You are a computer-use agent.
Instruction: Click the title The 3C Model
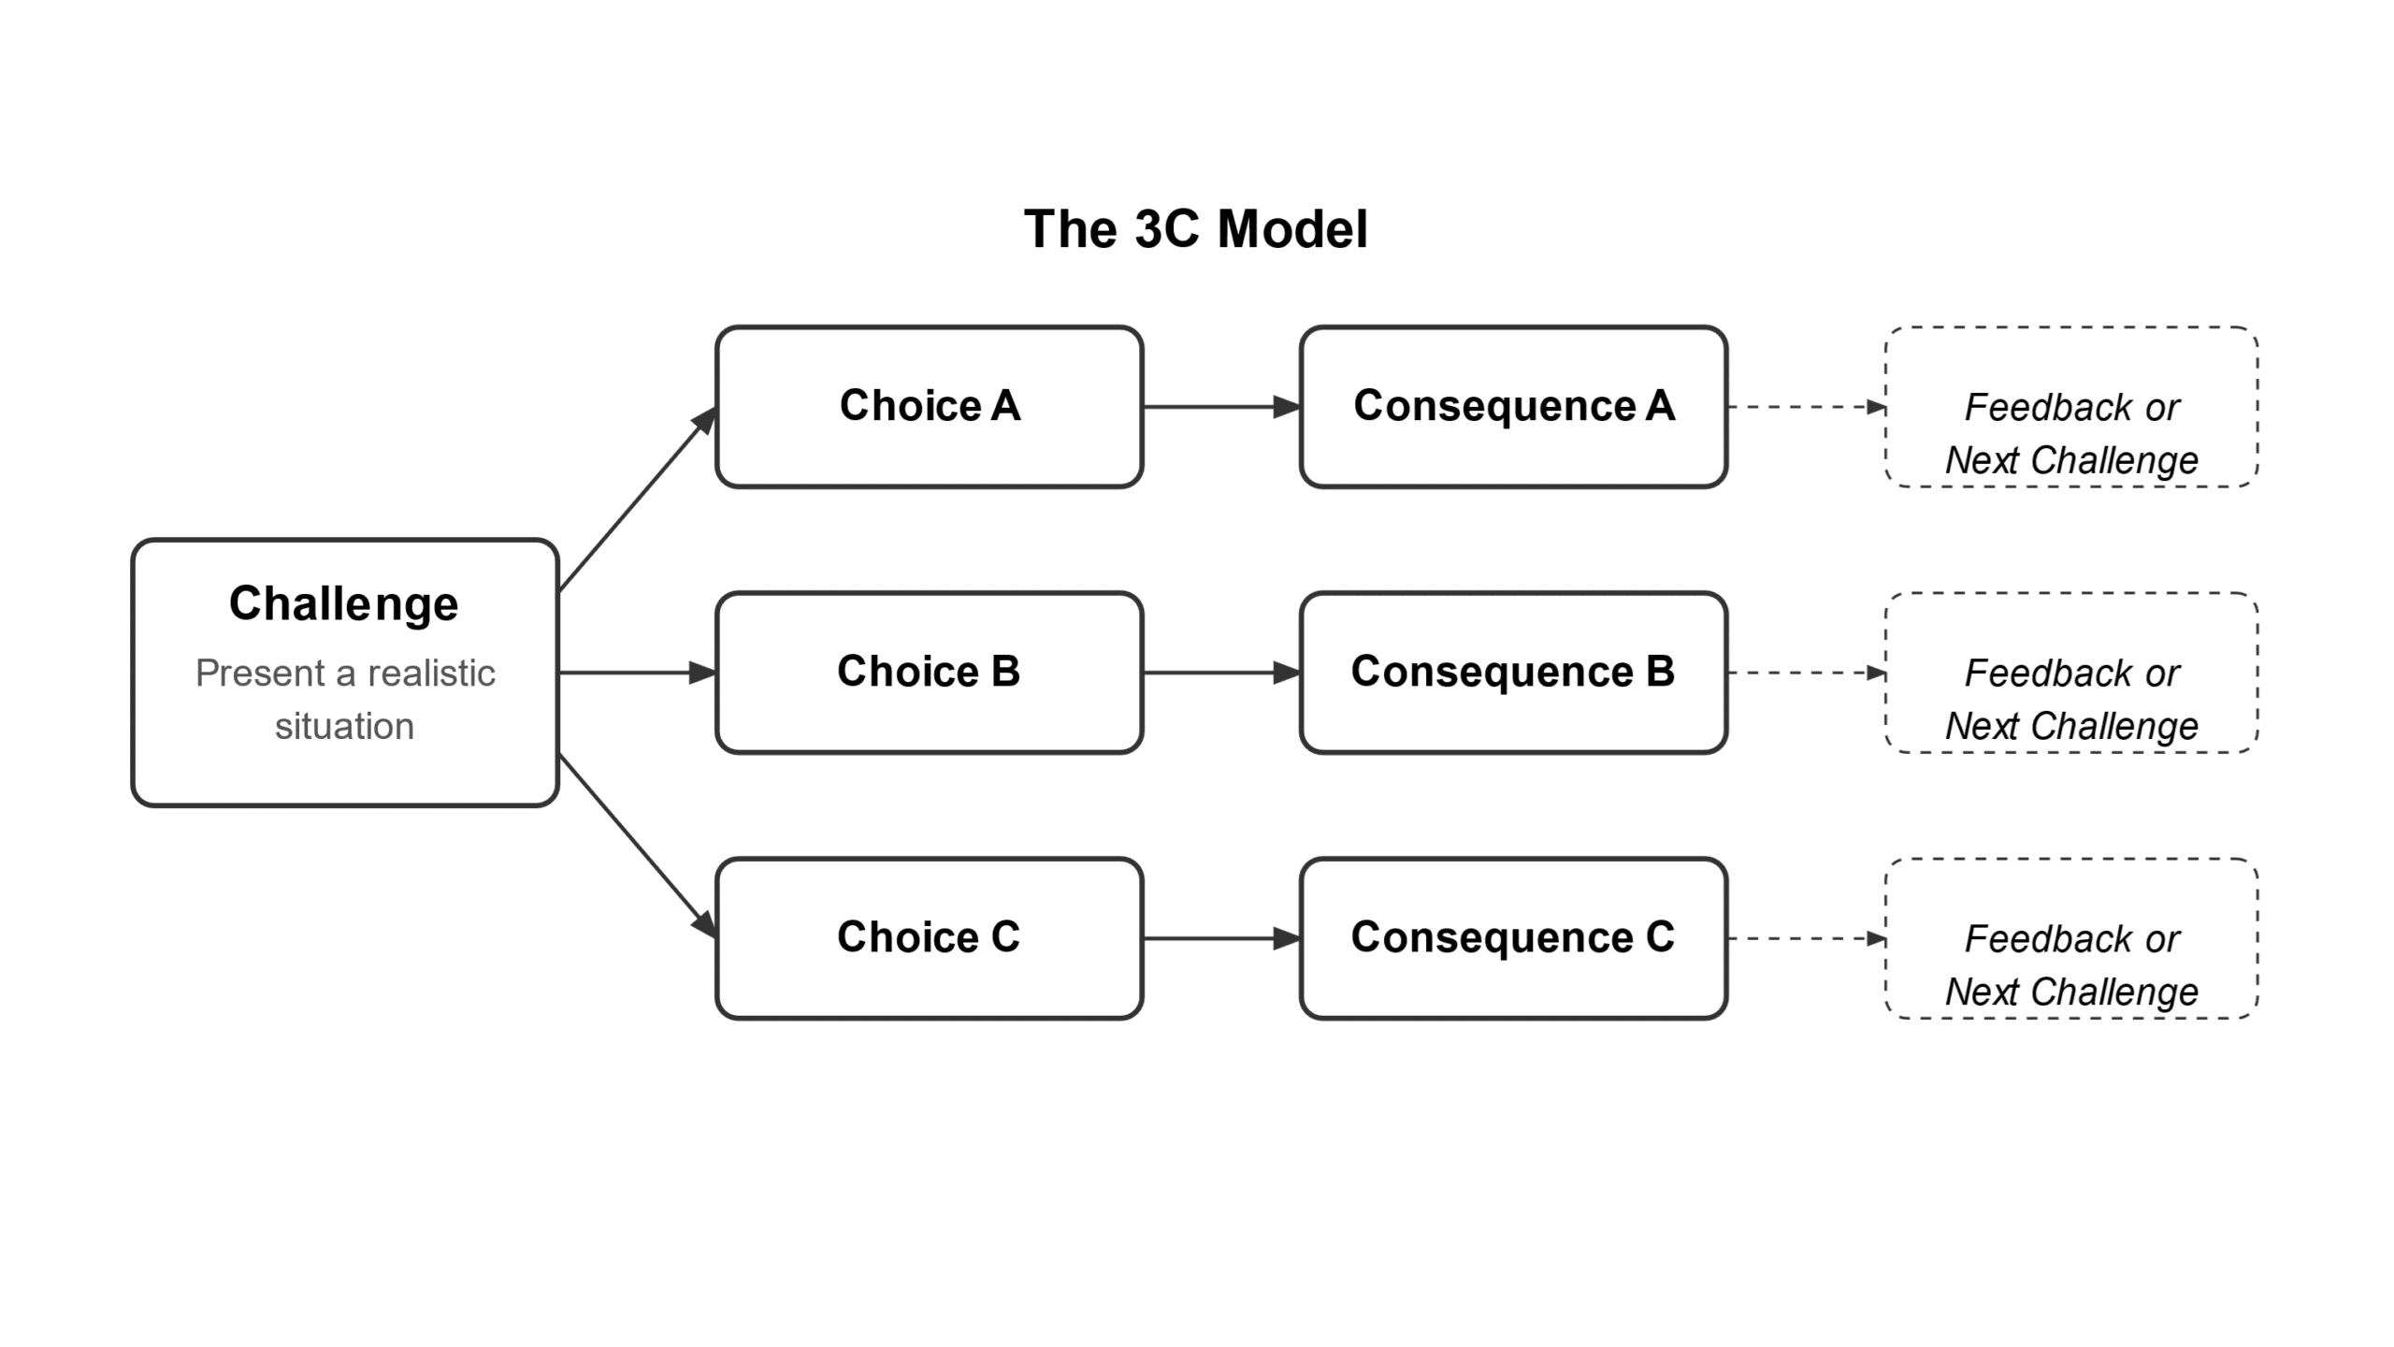1195,229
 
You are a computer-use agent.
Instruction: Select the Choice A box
929,407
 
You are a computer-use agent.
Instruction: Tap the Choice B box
929,672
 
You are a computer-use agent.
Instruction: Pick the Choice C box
929,937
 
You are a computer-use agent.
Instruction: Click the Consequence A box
1513,407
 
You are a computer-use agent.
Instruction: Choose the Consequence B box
1513,672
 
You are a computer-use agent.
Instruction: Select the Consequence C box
1513,937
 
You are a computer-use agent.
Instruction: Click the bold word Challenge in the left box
344,603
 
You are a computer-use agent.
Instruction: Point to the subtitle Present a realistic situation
344,699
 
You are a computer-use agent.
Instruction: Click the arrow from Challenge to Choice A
637,500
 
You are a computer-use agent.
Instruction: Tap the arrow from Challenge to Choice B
636,673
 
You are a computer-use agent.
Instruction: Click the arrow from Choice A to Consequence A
1220,407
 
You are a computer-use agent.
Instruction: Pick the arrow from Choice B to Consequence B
1220,673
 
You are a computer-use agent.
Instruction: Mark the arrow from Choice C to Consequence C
1220,938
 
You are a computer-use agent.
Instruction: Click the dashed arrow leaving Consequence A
1805,407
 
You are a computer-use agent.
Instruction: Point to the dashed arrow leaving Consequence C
1805,938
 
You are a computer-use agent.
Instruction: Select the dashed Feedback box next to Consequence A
2071,407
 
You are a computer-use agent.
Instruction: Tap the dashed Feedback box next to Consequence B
2071,673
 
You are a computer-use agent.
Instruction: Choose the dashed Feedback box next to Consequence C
2071,938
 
